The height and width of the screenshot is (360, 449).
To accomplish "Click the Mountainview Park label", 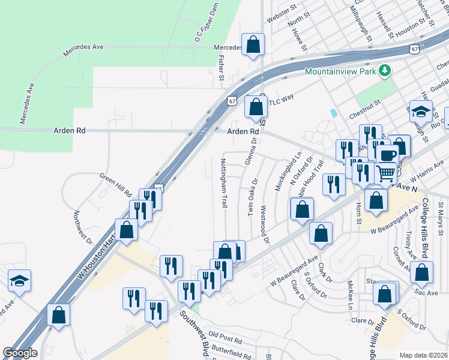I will [340, 71].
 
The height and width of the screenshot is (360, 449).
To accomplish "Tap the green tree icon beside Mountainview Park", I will [384, 71].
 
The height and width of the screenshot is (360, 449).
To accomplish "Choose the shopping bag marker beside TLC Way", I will [256, 107].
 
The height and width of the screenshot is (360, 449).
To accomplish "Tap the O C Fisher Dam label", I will [205, 25].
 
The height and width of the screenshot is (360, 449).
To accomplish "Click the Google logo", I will [19, 353].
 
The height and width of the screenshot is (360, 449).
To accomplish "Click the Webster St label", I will [282, 13].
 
